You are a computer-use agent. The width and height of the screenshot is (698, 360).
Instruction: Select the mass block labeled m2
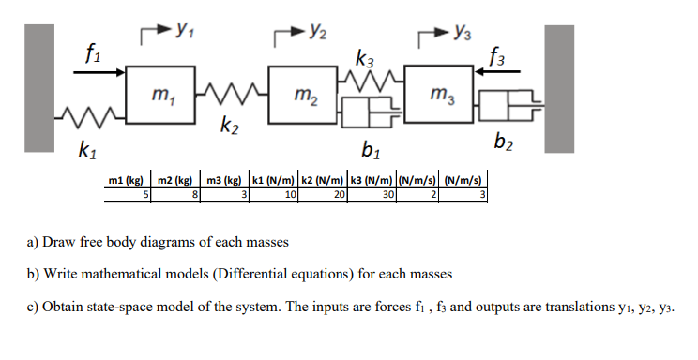pyautogui.click(x=300, y=95)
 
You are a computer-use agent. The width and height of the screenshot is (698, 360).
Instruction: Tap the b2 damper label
pyautogui.click(x=505, y=142)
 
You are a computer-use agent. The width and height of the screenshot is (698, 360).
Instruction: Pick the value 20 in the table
pyautogui.click(x=337, y=194)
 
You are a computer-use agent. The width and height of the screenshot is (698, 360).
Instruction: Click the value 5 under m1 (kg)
pyautogui.click(x=145, y=194)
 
